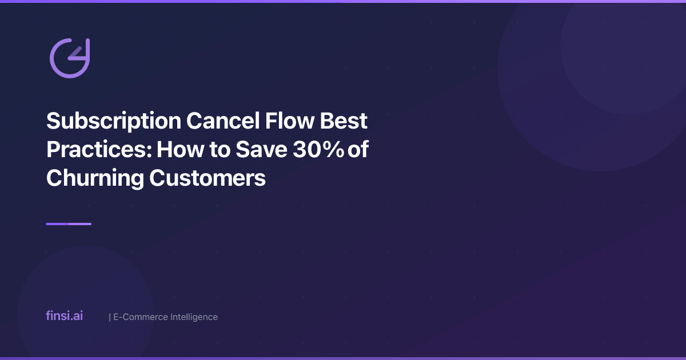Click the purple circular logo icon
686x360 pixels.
click(x=69, y=58)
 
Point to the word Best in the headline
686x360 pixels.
click(x=347, y=121)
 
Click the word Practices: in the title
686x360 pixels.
click(x=98, y=150)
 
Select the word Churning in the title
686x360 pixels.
click(x=95, y=178)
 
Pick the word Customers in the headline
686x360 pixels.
click(x=208, y=178)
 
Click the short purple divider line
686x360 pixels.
click(x=69, y=224)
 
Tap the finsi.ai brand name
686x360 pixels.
click(x=64, y=315)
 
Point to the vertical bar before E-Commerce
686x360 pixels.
click(x=109, y=317)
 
